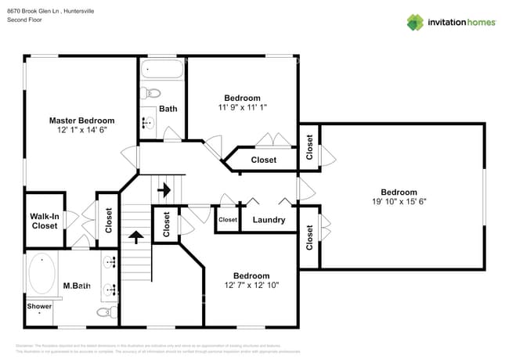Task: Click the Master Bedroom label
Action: (81, 121)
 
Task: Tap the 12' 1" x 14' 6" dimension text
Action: (81, 131)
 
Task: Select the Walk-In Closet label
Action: (44, 221)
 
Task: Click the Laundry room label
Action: (269, 221)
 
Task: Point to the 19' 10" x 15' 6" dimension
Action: (399, 202)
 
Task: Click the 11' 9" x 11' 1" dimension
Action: (242, 108)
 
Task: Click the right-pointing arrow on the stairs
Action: (164, 189)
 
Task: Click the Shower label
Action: (39, 307)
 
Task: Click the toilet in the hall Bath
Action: (153, 94)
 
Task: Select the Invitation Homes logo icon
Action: (415, 22)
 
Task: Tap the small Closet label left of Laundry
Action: (227, 221)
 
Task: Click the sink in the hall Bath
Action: (146, 122)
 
